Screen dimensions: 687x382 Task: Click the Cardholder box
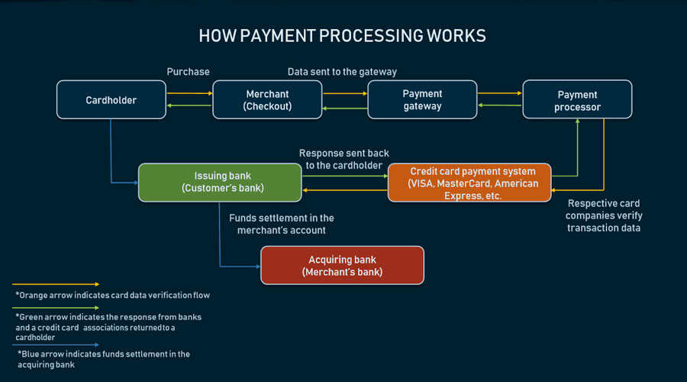[x=111, y=99]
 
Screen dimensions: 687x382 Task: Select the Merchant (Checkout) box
[x=267, y=99]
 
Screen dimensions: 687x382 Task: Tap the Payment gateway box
[x=422, y=99]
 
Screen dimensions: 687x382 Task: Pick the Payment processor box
[x=578, y=99]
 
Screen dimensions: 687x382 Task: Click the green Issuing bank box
[x=220, y=183]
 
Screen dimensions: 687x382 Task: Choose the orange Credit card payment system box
[x=469, y=183]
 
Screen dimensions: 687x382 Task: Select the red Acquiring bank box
[x=342, y=265]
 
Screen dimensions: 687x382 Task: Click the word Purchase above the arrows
[x=188, y=72]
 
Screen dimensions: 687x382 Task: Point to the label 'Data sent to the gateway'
[x=342, y=72]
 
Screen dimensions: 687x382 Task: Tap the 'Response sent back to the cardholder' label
[x=344, y=159]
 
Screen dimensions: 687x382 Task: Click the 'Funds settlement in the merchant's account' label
[x=281, y=224]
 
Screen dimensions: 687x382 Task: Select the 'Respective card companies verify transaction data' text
[x=604, y=215]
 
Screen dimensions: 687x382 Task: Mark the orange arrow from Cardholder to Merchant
[x=190, y=93]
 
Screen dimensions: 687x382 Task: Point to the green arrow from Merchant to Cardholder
[x=189, y=105]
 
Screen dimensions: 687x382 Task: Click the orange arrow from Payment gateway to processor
[x=500, y=93]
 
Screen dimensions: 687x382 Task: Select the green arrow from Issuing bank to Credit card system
[x=345, y=176]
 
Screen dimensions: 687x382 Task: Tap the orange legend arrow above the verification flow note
[x=56, y=284]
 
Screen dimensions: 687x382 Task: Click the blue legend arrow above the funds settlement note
[x=56, y=345]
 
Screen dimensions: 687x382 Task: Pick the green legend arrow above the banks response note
[x=56, y=308]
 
